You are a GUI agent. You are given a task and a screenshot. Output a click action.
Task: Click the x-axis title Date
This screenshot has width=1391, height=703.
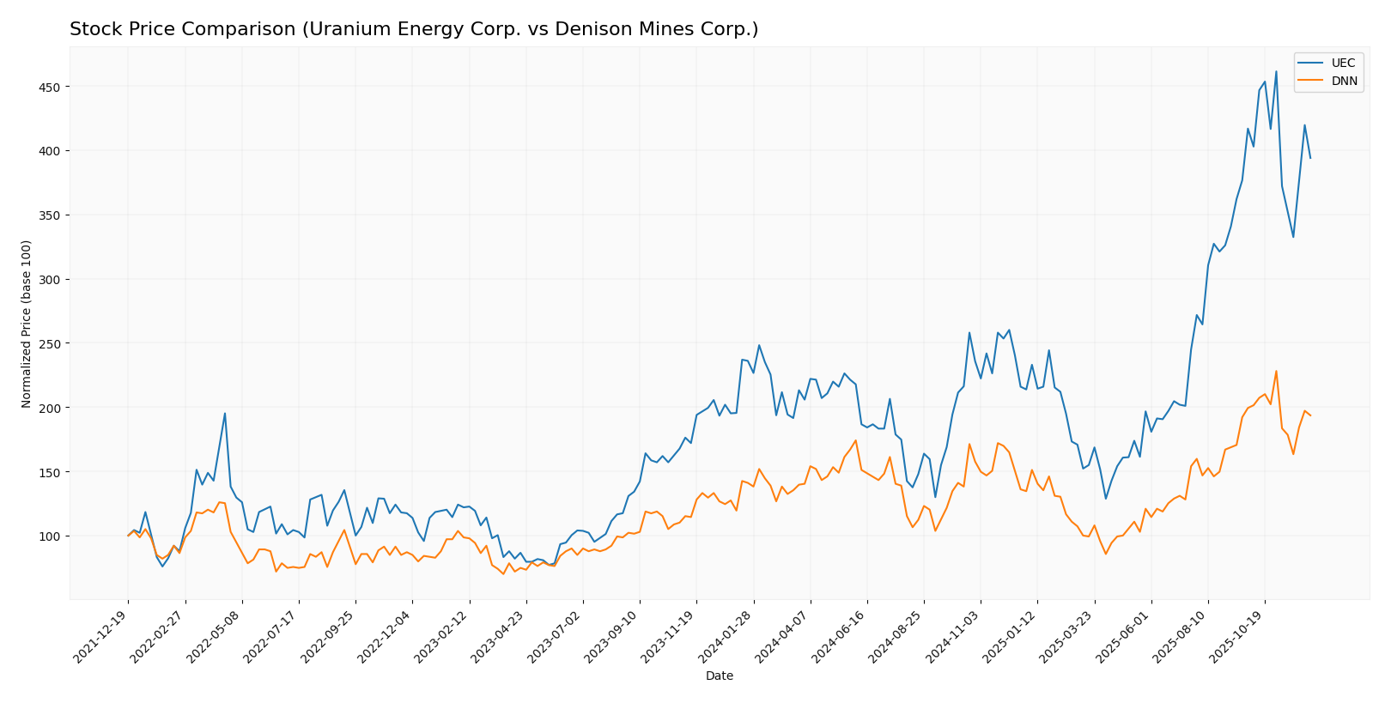[x=719, y=676]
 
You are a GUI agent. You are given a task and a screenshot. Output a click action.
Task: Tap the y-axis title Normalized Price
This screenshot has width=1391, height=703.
[x=27, y=324]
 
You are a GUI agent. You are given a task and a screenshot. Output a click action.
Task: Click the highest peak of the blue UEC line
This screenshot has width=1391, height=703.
[x=1276, y=71]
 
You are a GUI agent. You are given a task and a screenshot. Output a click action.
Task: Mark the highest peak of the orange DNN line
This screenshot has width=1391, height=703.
[x=1276, y=372]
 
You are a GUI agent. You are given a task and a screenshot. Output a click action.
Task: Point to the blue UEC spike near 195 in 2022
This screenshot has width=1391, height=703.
[x=225, y=414]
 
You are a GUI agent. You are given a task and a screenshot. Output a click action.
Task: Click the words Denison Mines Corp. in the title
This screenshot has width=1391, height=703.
[x=671, y=30]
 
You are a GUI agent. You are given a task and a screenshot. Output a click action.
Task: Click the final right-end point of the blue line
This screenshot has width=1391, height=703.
[x=1310, y=158]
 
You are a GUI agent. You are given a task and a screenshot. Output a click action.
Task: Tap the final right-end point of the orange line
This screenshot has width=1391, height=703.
[x=1310, y=415]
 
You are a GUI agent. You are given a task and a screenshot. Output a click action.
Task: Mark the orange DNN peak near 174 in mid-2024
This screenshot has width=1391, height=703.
[x=855, y=441]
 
